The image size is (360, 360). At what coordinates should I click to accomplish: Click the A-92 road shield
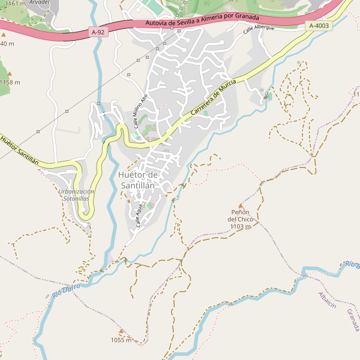(100, 31)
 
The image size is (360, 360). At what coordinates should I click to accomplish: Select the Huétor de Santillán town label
(138, 180)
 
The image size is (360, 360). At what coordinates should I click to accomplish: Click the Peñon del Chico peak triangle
(241, 206)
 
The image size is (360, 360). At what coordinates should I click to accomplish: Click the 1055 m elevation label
(121, 340)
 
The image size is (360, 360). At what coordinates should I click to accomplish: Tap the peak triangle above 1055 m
(121, 331)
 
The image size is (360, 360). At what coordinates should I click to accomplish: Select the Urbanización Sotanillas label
(77, 194)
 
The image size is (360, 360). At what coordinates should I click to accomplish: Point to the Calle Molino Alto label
(140, 111)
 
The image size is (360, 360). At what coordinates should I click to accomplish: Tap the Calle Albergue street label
(259, 29)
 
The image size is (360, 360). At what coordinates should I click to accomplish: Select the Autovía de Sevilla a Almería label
(202, 21)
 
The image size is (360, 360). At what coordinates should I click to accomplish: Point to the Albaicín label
(326, 299)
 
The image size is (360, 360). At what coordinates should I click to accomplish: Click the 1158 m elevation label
(10, 82)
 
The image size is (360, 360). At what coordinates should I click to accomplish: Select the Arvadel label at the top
(39, 2)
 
